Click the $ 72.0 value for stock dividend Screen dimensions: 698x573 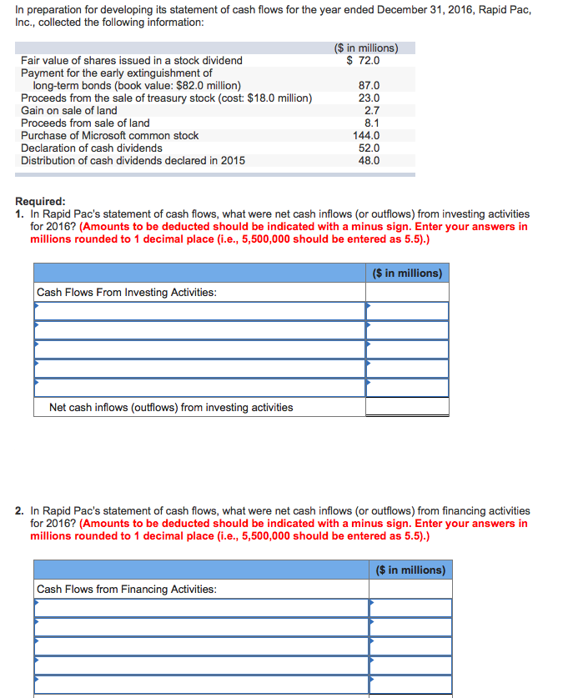coord(364,60)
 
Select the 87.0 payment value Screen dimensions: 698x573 coord(369,85)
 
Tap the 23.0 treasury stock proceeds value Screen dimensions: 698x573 coord(369,98)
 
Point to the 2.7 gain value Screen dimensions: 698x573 coord(372,110)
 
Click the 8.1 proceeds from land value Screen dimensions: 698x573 coord(372,123)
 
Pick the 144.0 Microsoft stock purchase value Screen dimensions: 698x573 coord(366,135)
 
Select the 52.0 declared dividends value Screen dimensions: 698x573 coord(369,148)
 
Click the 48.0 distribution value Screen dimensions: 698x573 coord(369,160)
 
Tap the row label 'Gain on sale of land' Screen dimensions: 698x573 coord(69,110)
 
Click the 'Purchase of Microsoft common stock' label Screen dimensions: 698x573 coord(110,135)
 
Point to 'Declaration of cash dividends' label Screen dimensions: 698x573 coord(92,148)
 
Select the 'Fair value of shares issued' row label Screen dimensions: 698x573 coord(132,60)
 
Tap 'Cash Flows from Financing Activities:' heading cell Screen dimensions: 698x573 coord(127,589)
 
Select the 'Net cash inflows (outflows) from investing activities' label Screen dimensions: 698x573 coord(171,407)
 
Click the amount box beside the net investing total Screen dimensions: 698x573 coord(407,407)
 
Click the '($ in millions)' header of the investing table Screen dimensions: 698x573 coord(407,273)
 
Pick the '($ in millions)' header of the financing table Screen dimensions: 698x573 coord(410,570)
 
